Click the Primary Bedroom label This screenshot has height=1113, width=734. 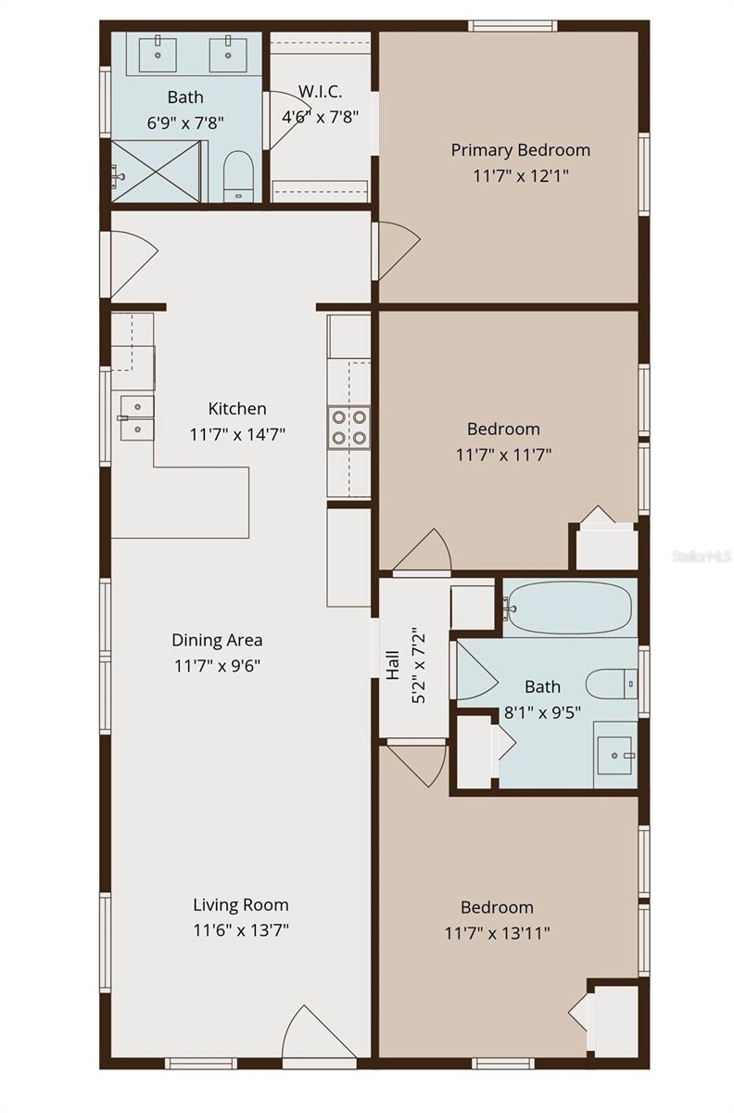521,150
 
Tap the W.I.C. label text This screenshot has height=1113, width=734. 320,92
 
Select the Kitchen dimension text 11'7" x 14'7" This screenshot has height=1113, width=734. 237,435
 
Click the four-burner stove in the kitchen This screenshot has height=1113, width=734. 348,428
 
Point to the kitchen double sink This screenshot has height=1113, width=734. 136,418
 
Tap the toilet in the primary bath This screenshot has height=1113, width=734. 238,176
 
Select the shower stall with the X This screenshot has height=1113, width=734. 156,172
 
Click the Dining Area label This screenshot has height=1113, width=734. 217,640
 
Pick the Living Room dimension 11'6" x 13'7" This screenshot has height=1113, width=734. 241,929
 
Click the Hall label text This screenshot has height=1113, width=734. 393,665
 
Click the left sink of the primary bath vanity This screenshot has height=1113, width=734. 158,53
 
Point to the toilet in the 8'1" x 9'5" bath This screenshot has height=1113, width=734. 612,684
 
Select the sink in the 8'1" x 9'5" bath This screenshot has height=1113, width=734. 615,755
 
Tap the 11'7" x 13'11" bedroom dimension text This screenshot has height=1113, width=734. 497,933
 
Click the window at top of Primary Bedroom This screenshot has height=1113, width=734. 513,26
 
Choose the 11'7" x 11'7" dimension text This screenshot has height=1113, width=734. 503,454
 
